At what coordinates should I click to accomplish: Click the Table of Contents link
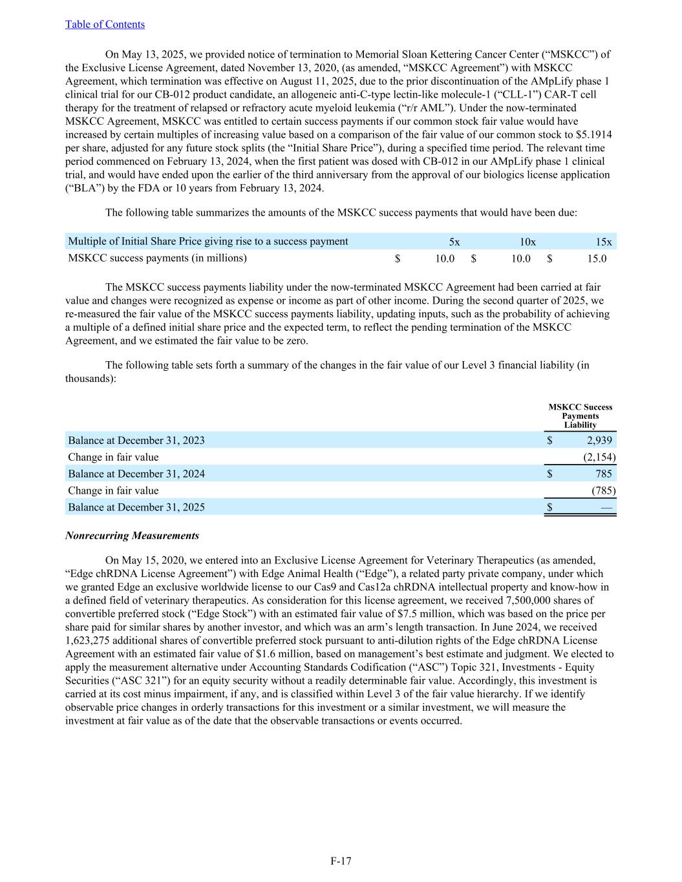click(x=105, y=25)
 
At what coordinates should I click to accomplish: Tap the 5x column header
click(x=454, y=242)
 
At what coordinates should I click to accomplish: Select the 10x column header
click(x=527, y=242)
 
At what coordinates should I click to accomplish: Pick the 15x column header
click(x=604, y=242)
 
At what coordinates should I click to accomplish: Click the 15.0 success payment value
click(x=597, y=258)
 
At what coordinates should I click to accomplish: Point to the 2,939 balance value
click(x=599, y=441)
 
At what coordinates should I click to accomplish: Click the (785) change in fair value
click(x=603, y=490)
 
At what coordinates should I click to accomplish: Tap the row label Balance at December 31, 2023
click(x=136, y=441)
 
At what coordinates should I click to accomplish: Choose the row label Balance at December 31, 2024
click(x=136, y=474)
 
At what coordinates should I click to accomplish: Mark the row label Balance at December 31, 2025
click(x=136, y=507)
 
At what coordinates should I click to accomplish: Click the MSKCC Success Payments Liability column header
click(x=580, y=416)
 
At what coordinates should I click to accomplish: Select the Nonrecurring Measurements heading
click(x=132, y=536)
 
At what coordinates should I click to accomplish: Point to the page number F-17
click(x=341, y=861)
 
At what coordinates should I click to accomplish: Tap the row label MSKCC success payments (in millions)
click(x=157, y=258)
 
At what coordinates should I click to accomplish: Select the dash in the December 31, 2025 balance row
click(x=606, y=507)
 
